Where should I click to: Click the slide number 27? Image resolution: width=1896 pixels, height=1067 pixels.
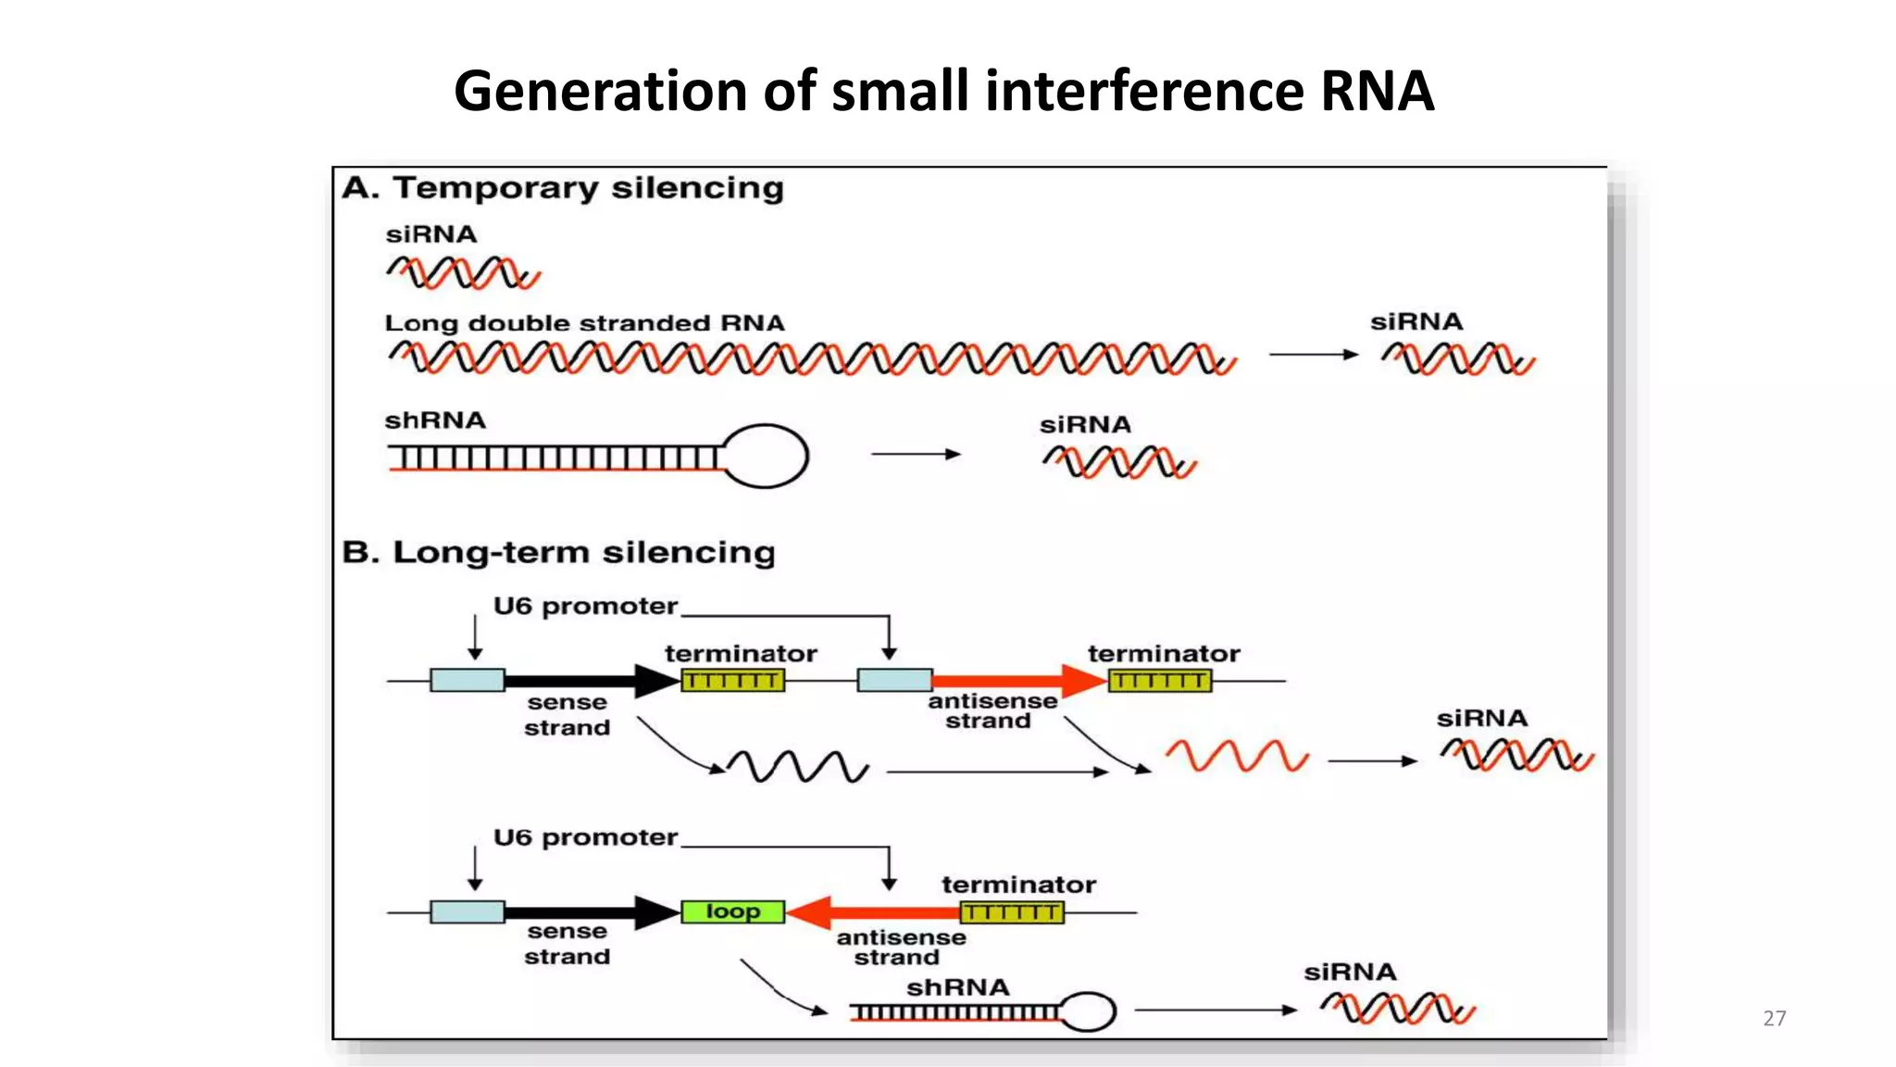(x=1774, y=1018)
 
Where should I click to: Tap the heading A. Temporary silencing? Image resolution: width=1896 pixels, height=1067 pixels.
(x=563, y=188)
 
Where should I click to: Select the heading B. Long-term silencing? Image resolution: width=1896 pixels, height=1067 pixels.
(x=558, y=552)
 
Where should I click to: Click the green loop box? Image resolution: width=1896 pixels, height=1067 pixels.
(x=732, y=912)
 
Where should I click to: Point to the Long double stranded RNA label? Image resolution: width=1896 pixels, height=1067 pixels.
(x=584, y=323)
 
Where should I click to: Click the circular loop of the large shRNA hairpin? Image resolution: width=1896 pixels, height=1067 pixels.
(x=765, y=456)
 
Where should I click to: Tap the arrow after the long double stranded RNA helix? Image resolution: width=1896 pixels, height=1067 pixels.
(x=1313, y=354)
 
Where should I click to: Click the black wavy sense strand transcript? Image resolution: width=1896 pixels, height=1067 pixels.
(x=797, y=766)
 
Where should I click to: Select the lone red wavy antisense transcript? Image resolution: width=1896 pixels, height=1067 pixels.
(x=1237, y=756)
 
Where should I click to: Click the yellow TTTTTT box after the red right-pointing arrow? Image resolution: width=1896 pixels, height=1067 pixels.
(x=1159, y=682)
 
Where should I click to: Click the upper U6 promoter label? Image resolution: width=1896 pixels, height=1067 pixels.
(x=585, y=607)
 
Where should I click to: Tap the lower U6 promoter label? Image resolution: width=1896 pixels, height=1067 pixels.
(x=585, y=837)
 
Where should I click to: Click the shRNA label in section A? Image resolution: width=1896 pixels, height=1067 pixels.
(x=435, y=421)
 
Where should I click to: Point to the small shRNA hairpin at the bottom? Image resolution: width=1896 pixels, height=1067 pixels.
(x=981, y=1012)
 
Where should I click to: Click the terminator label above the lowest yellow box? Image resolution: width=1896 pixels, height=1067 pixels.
(x=1018, y=885)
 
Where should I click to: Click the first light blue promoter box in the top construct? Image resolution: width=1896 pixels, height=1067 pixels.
(x=468, y=681)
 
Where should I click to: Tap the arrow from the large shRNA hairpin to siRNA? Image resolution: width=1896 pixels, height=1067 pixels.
(x=915, y=454)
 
